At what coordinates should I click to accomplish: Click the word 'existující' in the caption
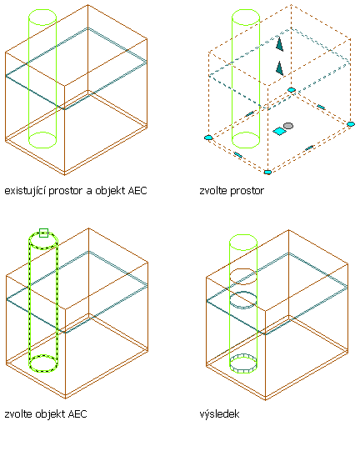[25, 191]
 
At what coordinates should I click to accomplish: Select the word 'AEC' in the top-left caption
[137, 190]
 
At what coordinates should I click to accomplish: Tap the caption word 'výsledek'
[219, 414]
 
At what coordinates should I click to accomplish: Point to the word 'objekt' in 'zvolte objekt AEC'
[50, 414]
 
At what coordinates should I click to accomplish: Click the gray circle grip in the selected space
[288, 126]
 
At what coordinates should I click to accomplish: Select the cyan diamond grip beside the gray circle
[279, 131]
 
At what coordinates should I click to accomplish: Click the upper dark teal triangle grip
[279, 43]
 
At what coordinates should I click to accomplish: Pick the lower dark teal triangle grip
[279, 68]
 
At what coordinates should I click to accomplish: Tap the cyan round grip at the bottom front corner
[267, 172]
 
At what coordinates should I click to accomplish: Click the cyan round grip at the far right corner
[351, 124]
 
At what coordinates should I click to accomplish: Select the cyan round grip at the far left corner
[208, 138]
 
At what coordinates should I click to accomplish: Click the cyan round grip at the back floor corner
[292, 90]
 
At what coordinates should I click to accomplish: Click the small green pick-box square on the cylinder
[43, 233]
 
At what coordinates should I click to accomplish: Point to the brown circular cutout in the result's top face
[243, 269]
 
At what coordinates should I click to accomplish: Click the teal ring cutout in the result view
[243, 293]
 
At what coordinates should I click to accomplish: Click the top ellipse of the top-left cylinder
[42, 10]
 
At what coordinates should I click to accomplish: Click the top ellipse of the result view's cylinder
[243, 235]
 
